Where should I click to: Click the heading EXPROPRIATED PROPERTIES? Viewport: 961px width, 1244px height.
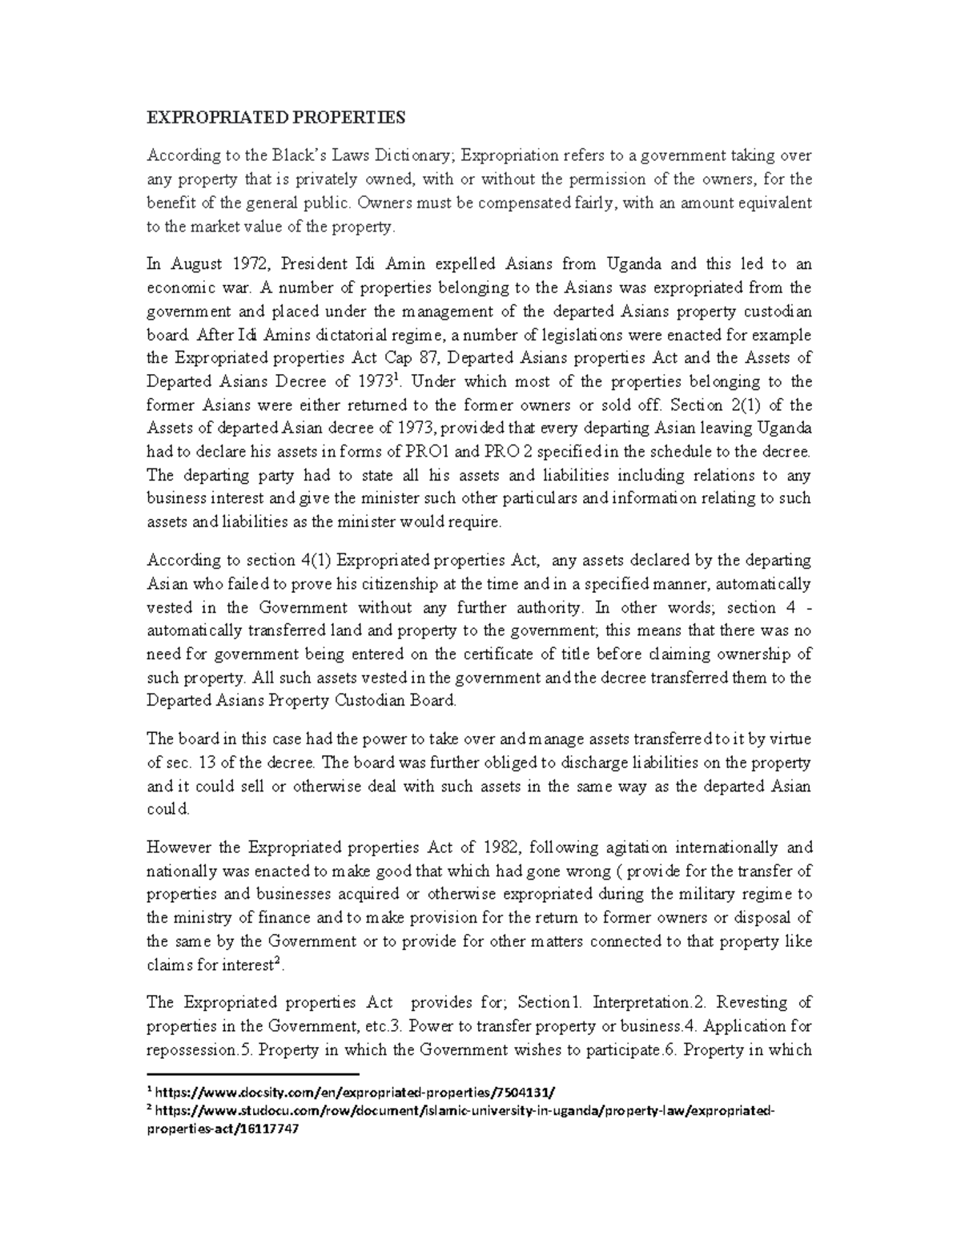click(x=275, y=119)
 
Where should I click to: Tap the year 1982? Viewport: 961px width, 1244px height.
click(x=502, y=847)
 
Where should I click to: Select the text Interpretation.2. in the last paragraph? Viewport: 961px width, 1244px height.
click(x=642, y=1003)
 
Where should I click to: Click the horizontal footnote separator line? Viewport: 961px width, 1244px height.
click(x=253, y=1073)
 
